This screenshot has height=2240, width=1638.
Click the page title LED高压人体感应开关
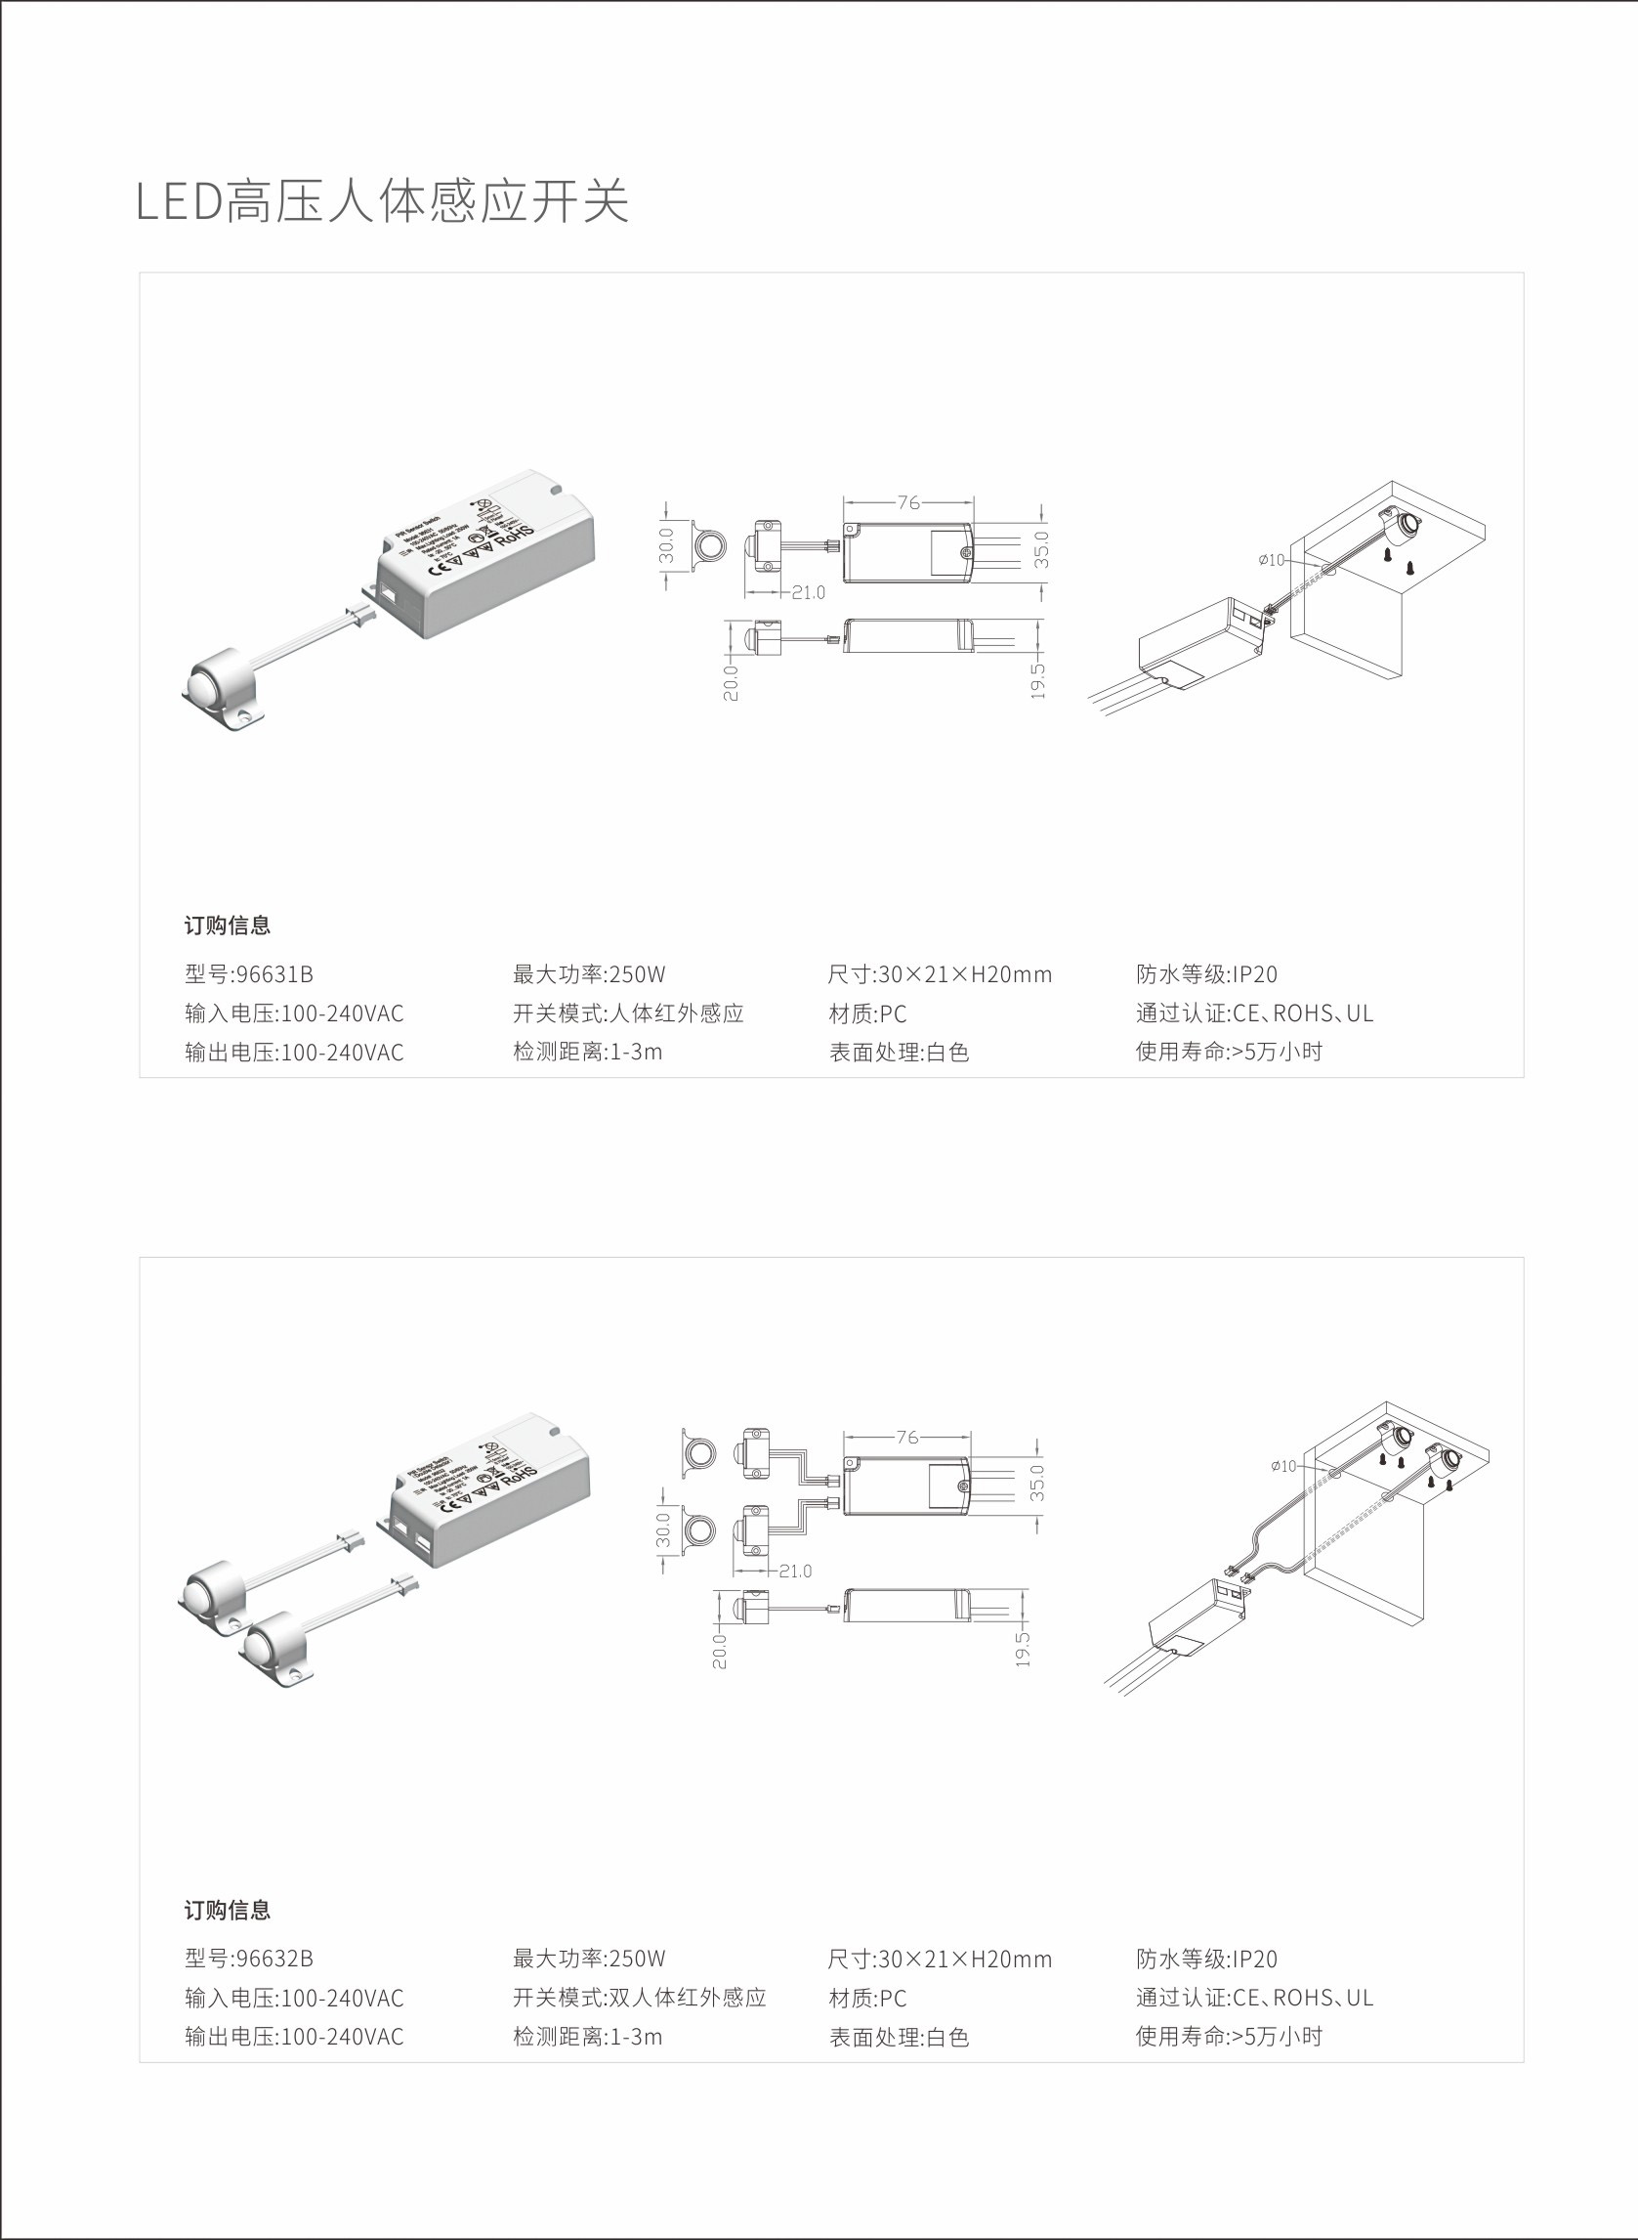coord(382,201)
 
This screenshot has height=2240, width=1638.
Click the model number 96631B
coord(273,974)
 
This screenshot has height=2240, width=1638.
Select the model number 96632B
coord(273,1959)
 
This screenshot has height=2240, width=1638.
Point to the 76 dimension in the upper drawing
coord(907,503)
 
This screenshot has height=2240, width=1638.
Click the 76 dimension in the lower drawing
coord(906,1437)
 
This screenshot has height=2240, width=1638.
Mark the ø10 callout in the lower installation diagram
coord(1283,1466)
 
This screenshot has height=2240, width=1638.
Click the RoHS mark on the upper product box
coord(515,537)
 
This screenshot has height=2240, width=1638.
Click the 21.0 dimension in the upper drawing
coord(808,592)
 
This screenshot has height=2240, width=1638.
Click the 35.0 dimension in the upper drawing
coord(1041,549)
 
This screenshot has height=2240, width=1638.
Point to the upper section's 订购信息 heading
coord(227,926)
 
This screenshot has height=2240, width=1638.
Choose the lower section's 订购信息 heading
coord(227,1910)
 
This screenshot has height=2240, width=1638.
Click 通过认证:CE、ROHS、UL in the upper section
coord(1253,1012)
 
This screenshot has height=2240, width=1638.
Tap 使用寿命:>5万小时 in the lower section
coord(1229,2036)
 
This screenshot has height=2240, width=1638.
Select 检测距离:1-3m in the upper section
coord(587,1052)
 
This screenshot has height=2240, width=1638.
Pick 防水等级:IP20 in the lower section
coord(1205,1959)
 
